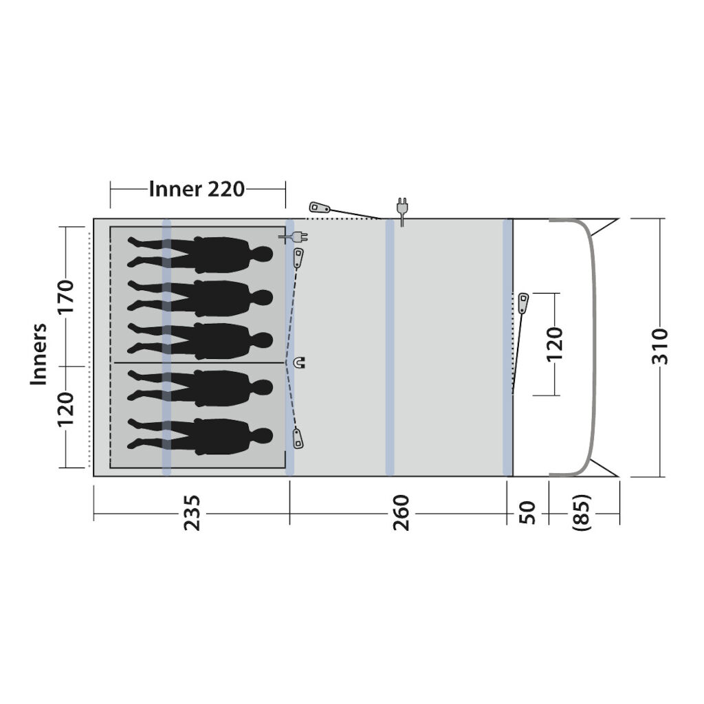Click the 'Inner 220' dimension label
tap(197, 189)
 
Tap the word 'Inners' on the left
tap(38, 354)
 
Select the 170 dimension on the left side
tap(65, 297)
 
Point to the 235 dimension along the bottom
tap(192, 513)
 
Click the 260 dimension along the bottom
tap(401, 513)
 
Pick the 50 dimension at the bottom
tap(527, 513)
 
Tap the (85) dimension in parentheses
tap(582, 513)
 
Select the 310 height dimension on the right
tap(660, 346)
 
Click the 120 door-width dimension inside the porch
tap(555, 344)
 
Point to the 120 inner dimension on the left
tap(65, 409)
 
